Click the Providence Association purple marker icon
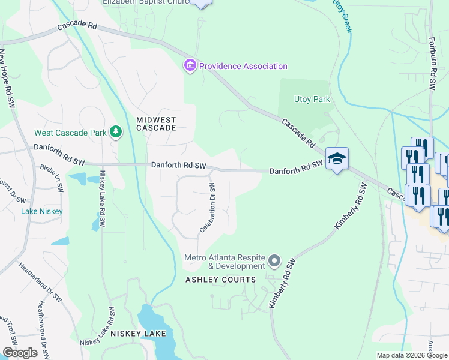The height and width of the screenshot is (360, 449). coord(190,65)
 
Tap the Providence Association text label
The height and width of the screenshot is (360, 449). coord(243,66)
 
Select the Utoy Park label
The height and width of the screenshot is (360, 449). coord(312,99)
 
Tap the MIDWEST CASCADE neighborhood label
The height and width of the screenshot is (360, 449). coord(156,124)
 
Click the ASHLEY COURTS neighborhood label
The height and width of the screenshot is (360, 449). coord(220,280)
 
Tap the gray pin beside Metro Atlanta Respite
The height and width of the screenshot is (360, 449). coord(274,260)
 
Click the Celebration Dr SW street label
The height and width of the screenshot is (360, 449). coord(211,208)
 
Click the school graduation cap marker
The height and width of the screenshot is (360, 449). coord(337,158)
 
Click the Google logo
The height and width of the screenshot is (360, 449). coord(20,352)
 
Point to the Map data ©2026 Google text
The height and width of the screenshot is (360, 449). coord(411,355)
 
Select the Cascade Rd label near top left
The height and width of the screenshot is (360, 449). coord(77,27)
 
